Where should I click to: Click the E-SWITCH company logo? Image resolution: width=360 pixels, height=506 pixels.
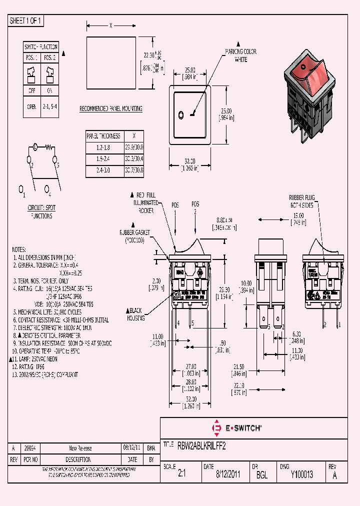coord(237,428)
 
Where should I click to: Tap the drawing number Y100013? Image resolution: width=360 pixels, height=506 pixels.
coord(302,475)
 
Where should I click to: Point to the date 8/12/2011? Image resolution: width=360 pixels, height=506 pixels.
coord(227,475)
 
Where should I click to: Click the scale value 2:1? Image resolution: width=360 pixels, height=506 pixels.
coord(181,475)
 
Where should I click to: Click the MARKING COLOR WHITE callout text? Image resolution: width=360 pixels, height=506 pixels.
coord(240,55)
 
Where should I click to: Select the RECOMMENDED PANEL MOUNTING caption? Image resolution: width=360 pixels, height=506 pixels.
coord(111,108)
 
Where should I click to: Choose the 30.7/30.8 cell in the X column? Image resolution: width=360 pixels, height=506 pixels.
coord(133,170)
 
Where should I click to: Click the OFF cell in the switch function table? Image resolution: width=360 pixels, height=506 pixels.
coord(32,91)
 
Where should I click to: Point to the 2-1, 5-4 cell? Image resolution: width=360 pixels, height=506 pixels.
coord(50,106)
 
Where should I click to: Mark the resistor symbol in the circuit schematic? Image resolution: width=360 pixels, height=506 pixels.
coord(49,147)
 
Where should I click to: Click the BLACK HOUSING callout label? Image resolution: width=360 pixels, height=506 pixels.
coord(135,314)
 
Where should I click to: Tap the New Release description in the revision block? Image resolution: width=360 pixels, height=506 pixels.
coord(80,448)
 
